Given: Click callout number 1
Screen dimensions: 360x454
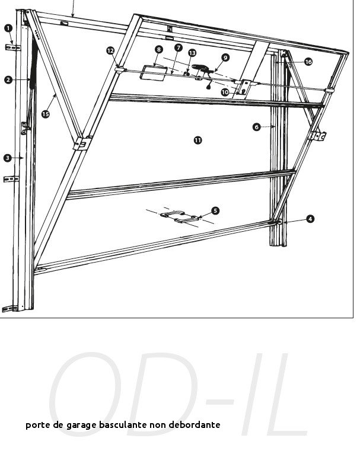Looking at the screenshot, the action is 8,28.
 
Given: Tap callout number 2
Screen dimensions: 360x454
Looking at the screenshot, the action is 8,79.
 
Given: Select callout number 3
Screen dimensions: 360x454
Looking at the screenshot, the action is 8,158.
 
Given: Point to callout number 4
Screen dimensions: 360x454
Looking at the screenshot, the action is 310,219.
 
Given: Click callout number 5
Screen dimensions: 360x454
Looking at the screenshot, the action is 215,211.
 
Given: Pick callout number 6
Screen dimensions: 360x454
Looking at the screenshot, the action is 257,127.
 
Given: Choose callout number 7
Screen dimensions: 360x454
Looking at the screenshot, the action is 179,47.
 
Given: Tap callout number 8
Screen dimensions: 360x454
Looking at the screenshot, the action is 159,50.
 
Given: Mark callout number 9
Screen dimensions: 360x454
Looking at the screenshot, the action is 225,57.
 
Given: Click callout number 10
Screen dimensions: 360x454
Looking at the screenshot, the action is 225,92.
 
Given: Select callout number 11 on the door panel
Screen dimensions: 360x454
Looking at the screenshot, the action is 198,140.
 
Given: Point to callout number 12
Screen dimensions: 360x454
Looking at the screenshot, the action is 110,50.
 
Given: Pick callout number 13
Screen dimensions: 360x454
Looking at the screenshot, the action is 192,53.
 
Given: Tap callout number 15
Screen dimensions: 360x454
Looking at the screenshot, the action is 46,114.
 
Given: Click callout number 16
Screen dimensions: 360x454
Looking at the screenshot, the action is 308,62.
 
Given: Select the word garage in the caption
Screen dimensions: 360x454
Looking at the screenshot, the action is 81,426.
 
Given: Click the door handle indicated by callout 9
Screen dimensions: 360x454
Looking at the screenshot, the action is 203,69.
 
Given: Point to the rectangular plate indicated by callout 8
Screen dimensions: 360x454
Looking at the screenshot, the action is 154,73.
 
